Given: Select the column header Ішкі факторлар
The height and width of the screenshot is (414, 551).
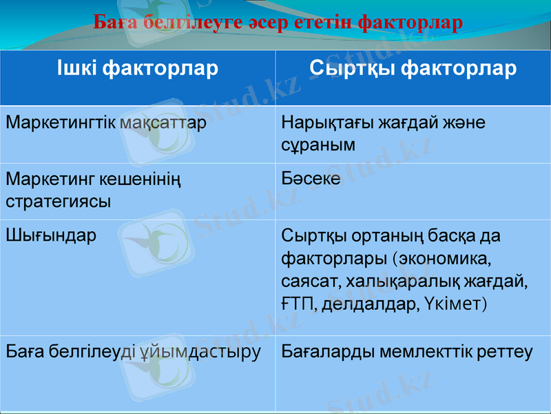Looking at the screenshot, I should click(x=137, y=68).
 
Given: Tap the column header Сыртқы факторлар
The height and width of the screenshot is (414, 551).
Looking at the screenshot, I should click(x=413, y=68).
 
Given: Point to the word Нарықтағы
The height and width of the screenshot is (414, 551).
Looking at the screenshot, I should click(x=319, y=123).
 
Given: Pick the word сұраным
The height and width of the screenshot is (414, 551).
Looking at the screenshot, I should click(x=318, y=145).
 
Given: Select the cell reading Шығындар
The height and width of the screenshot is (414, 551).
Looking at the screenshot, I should click(x=51, y=235).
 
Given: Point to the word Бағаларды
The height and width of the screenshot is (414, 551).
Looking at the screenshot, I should click(x=320, y=352).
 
